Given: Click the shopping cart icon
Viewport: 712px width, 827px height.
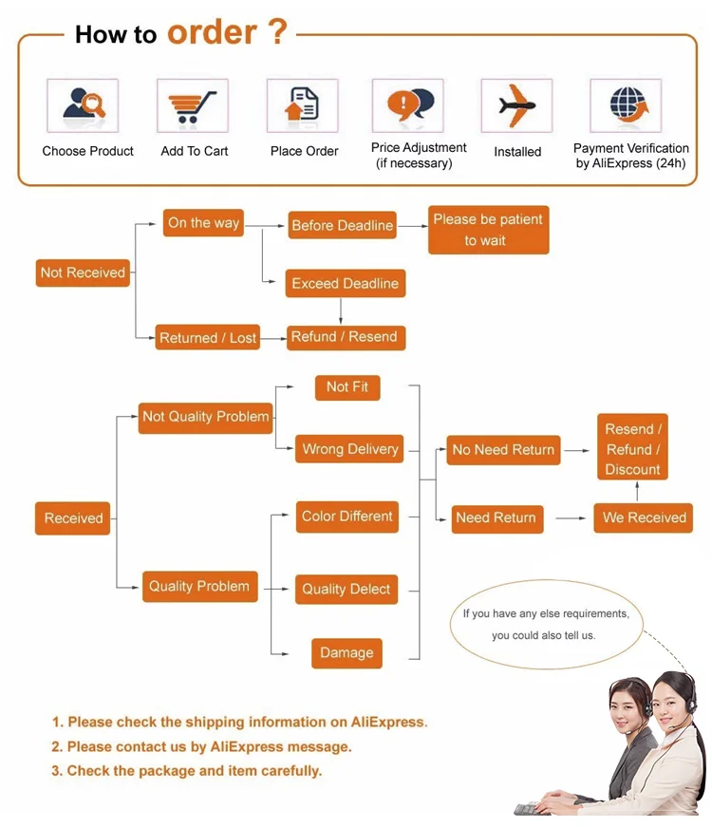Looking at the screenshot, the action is tap(192, 106).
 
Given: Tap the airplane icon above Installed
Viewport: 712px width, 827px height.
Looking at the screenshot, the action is tap(516, 105).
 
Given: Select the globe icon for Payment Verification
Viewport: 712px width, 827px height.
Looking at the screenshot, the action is tap(628, 104).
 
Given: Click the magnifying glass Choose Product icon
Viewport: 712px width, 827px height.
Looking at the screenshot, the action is tap(84, 103).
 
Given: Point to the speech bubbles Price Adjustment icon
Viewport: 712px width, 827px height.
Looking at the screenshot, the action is tap(411, 103).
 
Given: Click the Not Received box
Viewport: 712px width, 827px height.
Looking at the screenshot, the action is tap(83, 273).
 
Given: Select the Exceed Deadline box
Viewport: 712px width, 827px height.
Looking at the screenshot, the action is tap(346, 283).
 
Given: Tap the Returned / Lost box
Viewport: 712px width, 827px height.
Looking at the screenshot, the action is tap(208, 338).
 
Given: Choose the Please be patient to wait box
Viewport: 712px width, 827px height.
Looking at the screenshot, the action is tap(488, 230).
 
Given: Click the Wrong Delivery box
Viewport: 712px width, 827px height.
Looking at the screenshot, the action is tap(349, 449).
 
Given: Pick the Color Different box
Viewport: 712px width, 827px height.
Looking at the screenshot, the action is tap(347, 517).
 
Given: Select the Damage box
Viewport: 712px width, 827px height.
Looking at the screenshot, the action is tap(347, 653).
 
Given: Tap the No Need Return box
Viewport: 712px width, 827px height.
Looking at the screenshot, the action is tap(503, 450).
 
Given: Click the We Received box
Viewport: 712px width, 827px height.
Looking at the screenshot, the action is tap(644, 517).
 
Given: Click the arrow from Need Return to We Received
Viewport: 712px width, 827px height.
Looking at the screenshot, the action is tap(571, 518).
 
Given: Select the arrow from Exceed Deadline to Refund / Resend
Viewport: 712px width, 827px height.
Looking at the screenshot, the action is tap(341, 311).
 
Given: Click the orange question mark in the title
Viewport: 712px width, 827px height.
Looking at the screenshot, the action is tap(277, 31).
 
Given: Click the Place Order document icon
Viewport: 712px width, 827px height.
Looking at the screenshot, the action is tap(302, 103).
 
